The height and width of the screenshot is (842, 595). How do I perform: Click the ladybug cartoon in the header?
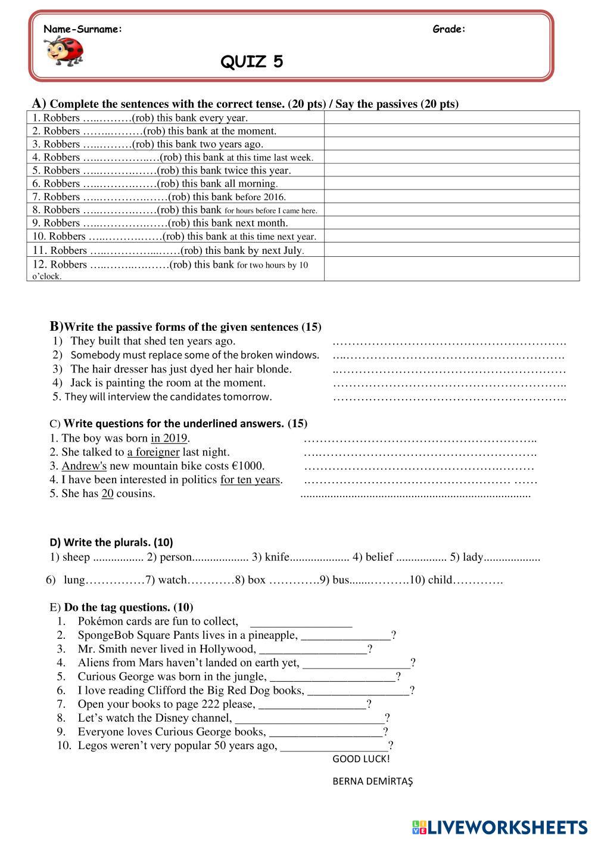click(64, 50)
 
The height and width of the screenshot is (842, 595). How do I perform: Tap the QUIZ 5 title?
click(252, 61)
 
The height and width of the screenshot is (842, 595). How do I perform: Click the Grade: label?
click(449, 29)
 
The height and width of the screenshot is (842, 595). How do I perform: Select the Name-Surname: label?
click(83, 29)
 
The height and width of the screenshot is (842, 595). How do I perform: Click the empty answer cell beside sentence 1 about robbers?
click(451, 117)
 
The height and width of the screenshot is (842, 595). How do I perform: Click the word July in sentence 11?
click(291, 251)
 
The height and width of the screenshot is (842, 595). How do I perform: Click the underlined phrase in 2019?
click(169, 439)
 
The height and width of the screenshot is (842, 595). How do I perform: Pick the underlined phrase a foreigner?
click(153, 452)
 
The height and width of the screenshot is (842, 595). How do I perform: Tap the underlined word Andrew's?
click(84, 466)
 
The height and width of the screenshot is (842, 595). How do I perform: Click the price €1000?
click(248, 466)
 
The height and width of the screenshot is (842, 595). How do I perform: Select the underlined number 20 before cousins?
click(107, 493)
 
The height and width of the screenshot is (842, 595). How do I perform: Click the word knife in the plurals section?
click(277, 558)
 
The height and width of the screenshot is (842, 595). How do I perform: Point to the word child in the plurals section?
click(439, 580)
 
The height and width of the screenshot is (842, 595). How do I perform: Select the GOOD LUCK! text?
click(361, 759)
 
